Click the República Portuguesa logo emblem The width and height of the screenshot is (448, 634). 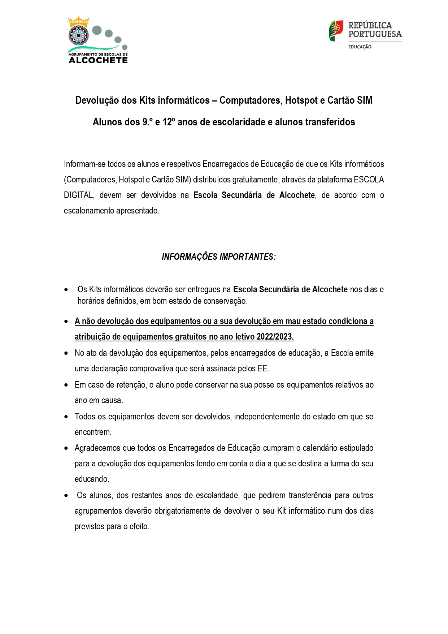point(336,31)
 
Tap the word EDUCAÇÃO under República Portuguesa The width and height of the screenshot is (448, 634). point(360,47)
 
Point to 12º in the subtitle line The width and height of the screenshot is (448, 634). point(169,122)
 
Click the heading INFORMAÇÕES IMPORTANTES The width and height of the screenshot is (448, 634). point(219,257)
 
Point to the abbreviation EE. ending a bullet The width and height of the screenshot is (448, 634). point(264,368)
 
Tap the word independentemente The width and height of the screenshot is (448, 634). point(267,417)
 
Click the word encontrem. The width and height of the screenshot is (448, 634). point(93,432)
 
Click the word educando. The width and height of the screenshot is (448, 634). point(92,479)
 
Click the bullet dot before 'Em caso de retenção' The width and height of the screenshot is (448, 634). point(66,385)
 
